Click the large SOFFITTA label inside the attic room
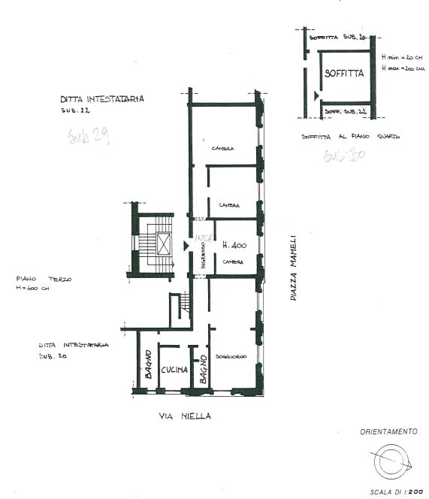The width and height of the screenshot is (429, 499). coord(345,74)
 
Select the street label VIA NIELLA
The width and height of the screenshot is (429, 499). coord(185,416)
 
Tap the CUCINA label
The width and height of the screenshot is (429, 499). coord(174,370)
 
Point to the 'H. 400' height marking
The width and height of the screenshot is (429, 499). coord(234,246)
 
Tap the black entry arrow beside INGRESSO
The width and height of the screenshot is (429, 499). coord(186,246)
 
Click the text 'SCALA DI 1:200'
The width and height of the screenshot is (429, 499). coord(394,491)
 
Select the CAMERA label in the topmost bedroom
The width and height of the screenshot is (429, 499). coord(222,148)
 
